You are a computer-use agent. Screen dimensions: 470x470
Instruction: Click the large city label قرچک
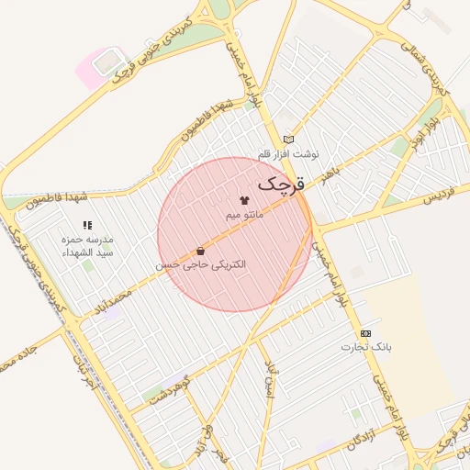(280, 184)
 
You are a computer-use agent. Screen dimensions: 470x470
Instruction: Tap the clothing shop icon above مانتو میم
(244, 198)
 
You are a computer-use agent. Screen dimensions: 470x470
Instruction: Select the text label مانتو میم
(244, 214)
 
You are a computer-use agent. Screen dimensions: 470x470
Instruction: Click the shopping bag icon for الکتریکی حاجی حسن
(200, 250)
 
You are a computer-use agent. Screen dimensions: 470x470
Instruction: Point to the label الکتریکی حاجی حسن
(200, 264)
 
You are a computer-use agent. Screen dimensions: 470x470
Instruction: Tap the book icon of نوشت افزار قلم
(288, 139)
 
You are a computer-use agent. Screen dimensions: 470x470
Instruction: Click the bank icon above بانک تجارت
(366, 332)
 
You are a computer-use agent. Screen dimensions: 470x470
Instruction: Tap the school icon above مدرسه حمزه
(87, 224)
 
